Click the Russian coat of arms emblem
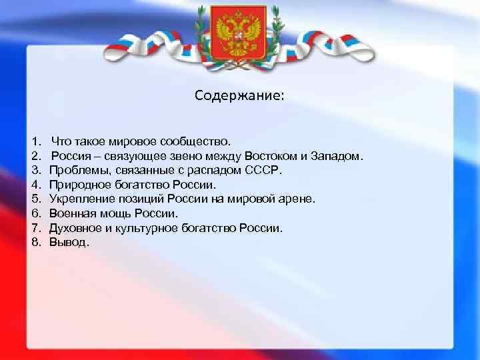click(239, 31)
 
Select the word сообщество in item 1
click(199, 141)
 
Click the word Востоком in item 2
click(271, 156)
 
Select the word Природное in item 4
click(77, 185)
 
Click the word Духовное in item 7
click(74, 228)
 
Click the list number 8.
click(35, 242)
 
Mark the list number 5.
click(35, 199)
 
